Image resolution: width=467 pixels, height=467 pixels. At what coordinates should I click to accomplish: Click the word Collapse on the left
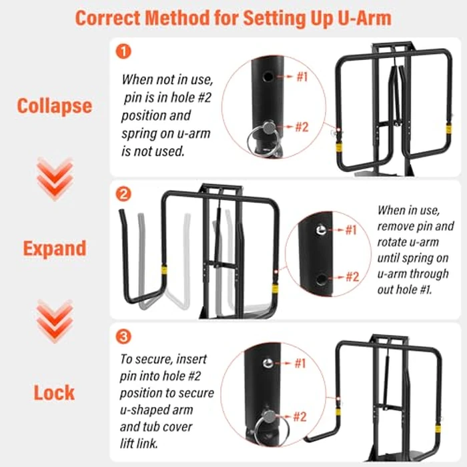point(55,106)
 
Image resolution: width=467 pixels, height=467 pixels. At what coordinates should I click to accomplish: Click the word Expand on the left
point(55,248)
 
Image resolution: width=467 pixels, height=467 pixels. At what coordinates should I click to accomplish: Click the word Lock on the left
point(55,392)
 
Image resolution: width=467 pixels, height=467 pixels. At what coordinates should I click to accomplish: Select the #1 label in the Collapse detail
point(302,77)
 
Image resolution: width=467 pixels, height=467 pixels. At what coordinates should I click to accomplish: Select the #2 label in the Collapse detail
point(302,127)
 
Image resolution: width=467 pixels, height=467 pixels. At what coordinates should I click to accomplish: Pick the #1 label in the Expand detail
point(351,230)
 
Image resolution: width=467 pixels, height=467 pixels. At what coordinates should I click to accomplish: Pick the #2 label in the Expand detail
point(351,276)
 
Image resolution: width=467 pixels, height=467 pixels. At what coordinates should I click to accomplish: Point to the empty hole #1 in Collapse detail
point(268,77)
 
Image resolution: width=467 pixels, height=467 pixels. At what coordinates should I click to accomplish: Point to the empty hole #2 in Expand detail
point(321,276)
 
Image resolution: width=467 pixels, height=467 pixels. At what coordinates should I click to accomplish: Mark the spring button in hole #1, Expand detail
point(321,230)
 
